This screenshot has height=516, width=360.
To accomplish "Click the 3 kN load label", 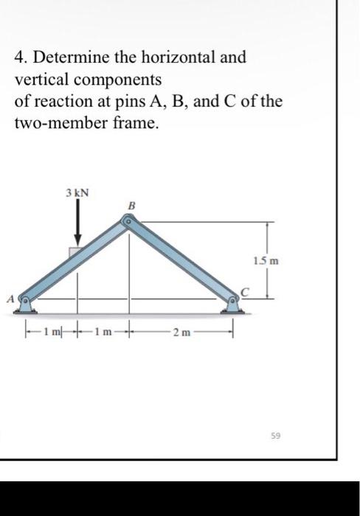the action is point(77,192).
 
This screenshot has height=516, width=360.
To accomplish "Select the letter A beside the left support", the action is point(10,299).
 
